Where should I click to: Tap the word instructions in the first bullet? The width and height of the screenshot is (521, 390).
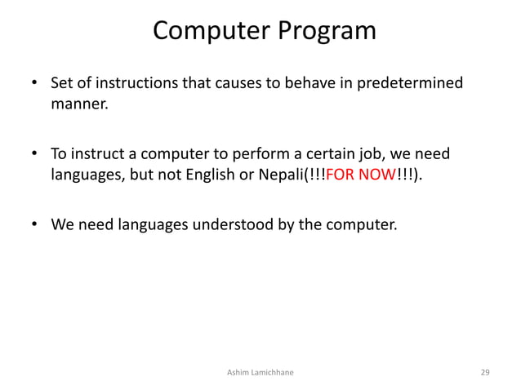coord(126,84)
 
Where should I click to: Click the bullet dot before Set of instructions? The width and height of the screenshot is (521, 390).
coord(34,85)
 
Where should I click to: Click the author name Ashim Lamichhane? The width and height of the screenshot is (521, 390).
coord(261,372)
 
